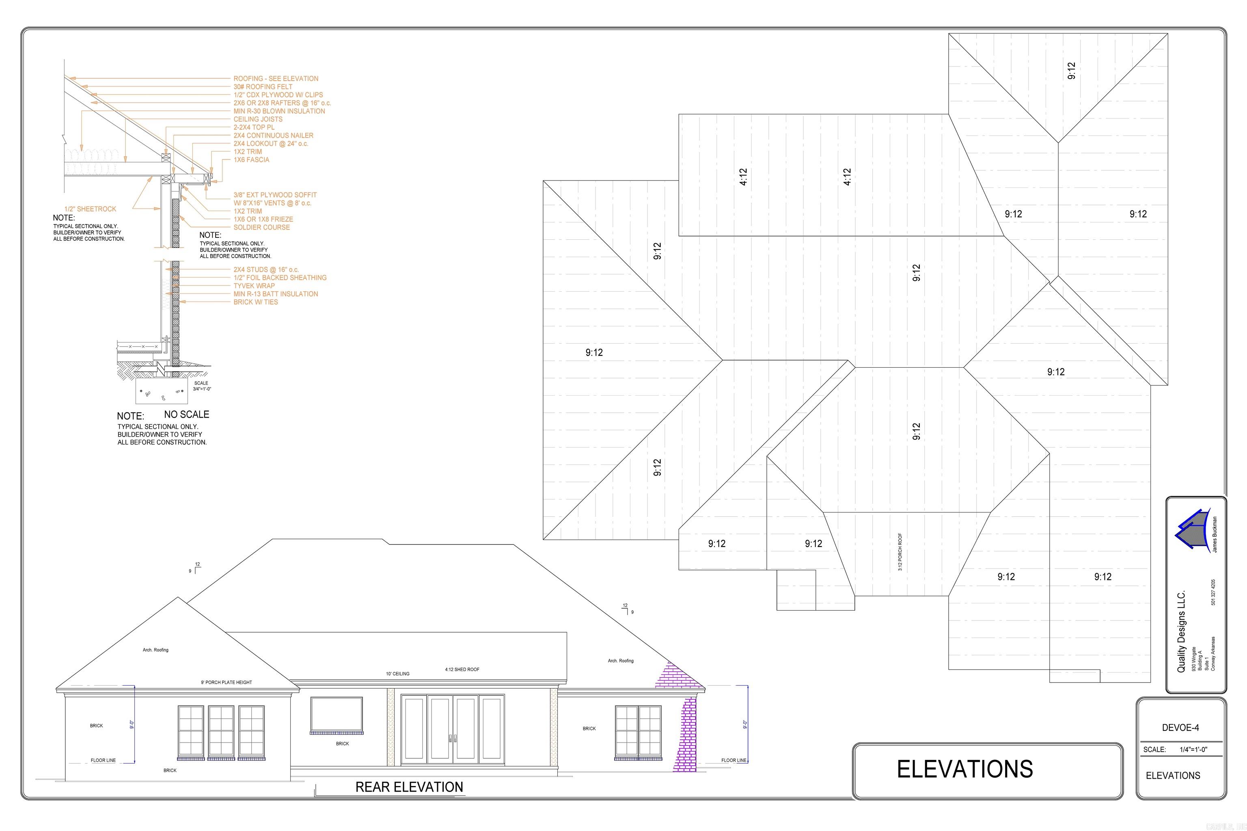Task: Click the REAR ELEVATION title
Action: pos(409,787)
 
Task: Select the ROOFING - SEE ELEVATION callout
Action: pos(276,78)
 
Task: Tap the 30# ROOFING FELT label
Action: pos(263,87)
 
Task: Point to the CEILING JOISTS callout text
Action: pos(258,119)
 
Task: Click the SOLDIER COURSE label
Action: pos(261,227)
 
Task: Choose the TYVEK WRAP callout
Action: pos(254,286)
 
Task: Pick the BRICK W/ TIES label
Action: pos(256,302)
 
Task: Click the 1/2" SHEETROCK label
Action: pos(90,209)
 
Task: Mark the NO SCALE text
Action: pos(187,414)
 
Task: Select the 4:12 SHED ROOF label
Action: pos(462,670)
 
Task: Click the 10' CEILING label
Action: pos(398,674)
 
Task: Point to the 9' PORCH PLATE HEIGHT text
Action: pos(227,682)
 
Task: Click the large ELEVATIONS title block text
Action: pos(964,769)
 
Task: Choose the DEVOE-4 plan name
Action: pos(1180,728)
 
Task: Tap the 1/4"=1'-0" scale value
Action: pos(1193,749)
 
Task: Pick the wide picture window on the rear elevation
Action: pos(336,713)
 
